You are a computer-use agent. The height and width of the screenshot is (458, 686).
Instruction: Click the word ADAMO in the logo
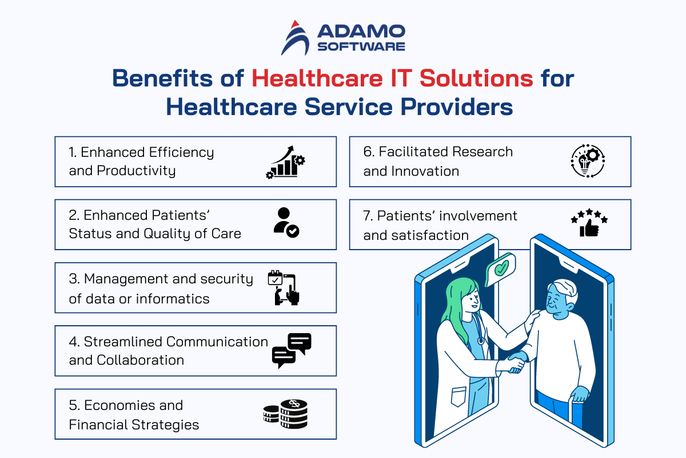click(361, 31)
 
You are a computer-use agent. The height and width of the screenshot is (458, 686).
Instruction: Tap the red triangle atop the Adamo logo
click(295, 24)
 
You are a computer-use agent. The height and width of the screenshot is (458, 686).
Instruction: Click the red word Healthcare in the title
click(317, 78)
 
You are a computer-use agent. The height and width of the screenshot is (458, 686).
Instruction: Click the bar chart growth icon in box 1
click(285, 162)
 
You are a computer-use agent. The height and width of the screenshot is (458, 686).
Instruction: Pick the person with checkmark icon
click(286, 223)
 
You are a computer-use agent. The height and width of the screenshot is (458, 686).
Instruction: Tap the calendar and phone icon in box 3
click(284, 288)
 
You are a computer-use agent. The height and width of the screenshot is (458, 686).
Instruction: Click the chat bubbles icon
click(292, 350)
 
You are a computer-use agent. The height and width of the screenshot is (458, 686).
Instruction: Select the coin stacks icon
click(285, 414)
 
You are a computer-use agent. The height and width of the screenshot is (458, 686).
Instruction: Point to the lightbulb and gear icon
click(588, 161)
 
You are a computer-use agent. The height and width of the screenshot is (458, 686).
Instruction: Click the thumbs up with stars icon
click(589, 223)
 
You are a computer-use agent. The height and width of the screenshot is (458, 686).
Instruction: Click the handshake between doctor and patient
click(517, 361)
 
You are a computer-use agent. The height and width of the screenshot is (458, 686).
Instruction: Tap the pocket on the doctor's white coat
click(458, 396)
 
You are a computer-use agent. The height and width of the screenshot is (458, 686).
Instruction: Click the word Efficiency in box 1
click(181, 153)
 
